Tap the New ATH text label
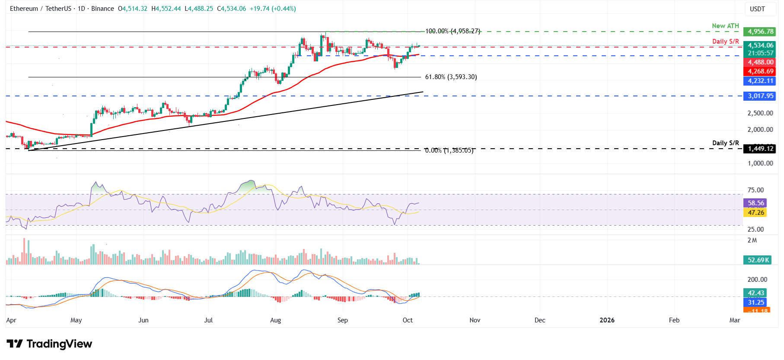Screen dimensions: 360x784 point(725,26)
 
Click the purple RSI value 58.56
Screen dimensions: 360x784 point(755,203)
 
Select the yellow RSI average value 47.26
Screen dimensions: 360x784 point(755,212)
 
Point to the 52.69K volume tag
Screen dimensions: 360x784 point(759,260)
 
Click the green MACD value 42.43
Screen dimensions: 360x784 point(755,293)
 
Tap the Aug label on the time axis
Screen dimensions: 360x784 point(275,320)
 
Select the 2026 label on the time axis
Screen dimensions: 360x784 point(607,320)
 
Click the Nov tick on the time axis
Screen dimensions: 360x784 point(475,320)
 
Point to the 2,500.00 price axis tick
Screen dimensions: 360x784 point(760,113)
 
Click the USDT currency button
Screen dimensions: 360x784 point(757,9)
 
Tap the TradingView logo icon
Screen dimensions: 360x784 point(15,344)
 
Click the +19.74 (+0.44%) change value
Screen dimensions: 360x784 point(273,9)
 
